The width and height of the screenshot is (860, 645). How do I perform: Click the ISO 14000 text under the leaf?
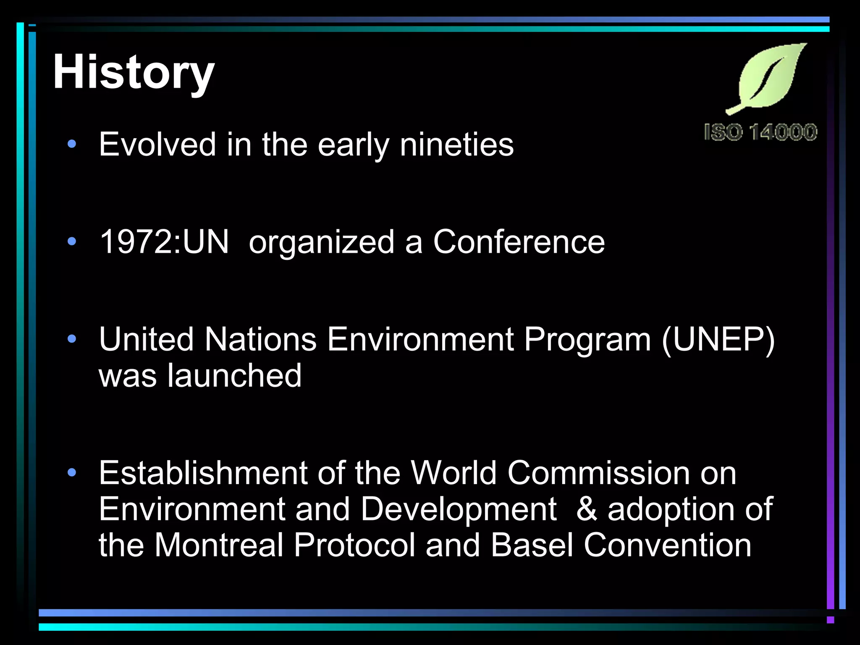coord(760,132)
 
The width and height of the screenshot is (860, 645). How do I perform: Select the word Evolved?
coord(157,144)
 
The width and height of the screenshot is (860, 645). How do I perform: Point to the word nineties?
coord(456,144)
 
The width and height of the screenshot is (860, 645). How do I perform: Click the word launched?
coord(234,375)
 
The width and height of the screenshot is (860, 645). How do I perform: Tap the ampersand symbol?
coord(587,509)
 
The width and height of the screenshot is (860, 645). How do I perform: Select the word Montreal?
coord(219,545)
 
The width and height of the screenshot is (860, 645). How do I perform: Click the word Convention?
coord(667,545)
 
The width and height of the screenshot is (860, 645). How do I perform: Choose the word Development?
coord(458,509)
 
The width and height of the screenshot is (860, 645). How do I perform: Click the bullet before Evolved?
coord(72,144)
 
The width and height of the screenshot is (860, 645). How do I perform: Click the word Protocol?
coord(354,545)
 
